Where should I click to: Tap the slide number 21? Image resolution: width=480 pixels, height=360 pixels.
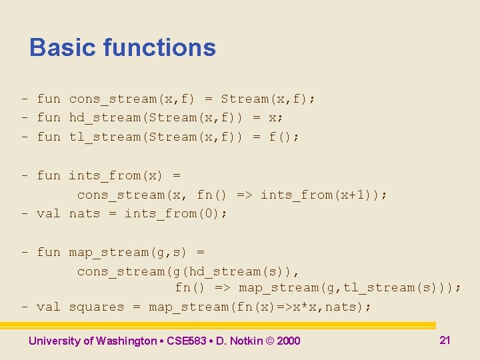pyautogui.click(x=445, y=340)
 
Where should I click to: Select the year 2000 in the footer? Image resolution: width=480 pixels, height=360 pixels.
pyautogui.click(x=288, y=341)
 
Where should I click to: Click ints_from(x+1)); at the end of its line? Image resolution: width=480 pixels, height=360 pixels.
pyautogui.click(x=323, y=195)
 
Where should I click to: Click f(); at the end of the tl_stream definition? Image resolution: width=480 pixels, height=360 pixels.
pyautogui.click(x=284, y=137)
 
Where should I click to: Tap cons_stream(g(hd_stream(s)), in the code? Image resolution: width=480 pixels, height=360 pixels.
pyautogui.click(x=188, y=271)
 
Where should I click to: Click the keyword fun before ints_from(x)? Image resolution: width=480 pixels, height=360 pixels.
pyautogui.click(x=49, y=175)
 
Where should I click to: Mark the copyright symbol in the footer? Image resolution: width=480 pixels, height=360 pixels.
pyautogui.click(x=269, y=341)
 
